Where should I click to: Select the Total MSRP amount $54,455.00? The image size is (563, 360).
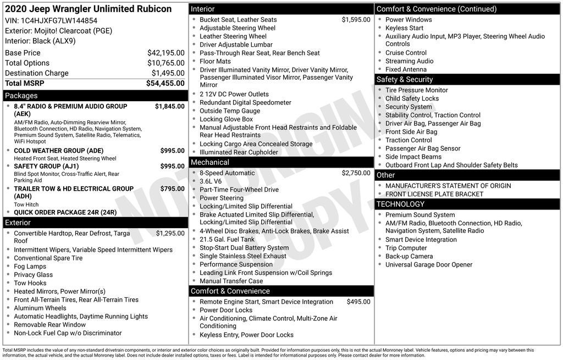(165, 84)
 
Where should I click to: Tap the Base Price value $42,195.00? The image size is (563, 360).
(165, 53)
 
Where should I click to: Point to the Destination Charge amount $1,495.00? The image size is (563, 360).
(168, 73)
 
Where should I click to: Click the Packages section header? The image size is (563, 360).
(21, 96)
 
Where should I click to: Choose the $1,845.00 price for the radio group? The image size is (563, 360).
(169, 107)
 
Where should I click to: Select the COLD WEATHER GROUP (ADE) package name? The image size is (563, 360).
(58, 151)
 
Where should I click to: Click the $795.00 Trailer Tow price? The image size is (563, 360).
(172, 189)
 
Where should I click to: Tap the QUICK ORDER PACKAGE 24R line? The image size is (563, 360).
(65, 213)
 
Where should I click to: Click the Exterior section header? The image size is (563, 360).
(18, 223)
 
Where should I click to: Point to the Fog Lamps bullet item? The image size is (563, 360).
(30, 267)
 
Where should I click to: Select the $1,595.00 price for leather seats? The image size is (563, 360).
(356, 20)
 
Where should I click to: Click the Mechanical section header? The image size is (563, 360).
(209, 162)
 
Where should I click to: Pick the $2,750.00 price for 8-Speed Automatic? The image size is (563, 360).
(356, 173)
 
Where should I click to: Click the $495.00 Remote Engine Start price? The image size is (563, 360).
(358, 302)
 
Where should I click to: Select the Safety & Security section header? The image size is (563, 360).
(404, 80)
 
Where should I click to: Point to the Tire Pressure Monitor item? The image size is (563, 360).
(416, 90)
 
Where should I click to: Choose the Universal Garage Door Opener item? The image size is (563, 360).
(428, 265)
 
